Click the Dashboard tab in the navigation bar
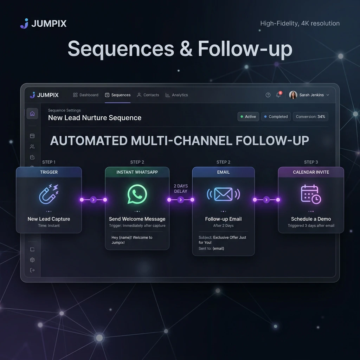coord(86,95)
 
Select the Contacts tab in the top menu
coord(148,95)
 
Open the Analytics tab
coord(176,95)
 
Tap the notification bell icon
coord(278,95)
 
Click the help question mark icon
coord(268,95)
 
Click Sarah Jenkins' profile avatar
coord(293,95)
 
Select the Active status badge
coord(248,117)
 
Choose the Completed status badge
coord(276,117)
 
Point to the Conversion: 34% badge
coord(310,117)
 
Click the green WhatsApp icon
coord(137,194)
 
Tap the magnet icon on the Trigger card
coord(49,194)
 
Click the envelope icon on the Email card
coord(223,194)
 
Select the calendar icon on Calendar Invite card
coord(311,194)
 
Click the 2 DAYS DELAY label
coord(181,188)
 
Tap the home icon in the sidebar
coord(32,114)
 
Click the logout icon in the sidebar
coord(32,270)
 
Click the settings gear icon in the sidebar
coord(32,260)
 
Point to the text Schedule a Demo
coord(311,219)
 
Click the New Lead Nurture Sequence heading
coord(95,118)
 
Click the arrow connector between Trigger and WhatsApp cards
coord(93,200)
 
